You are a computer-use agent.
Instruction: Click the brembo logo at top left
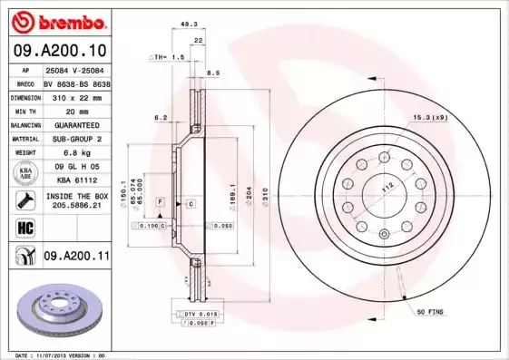click(x=58, y=20)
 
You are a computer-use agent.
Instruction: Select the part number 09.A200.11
click(x=76, y=257)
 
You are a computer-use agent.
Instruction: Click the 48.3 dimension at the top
click(x=189, y=24)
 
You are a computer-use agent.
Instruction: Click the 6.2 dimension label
click(x=161, y=118)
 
